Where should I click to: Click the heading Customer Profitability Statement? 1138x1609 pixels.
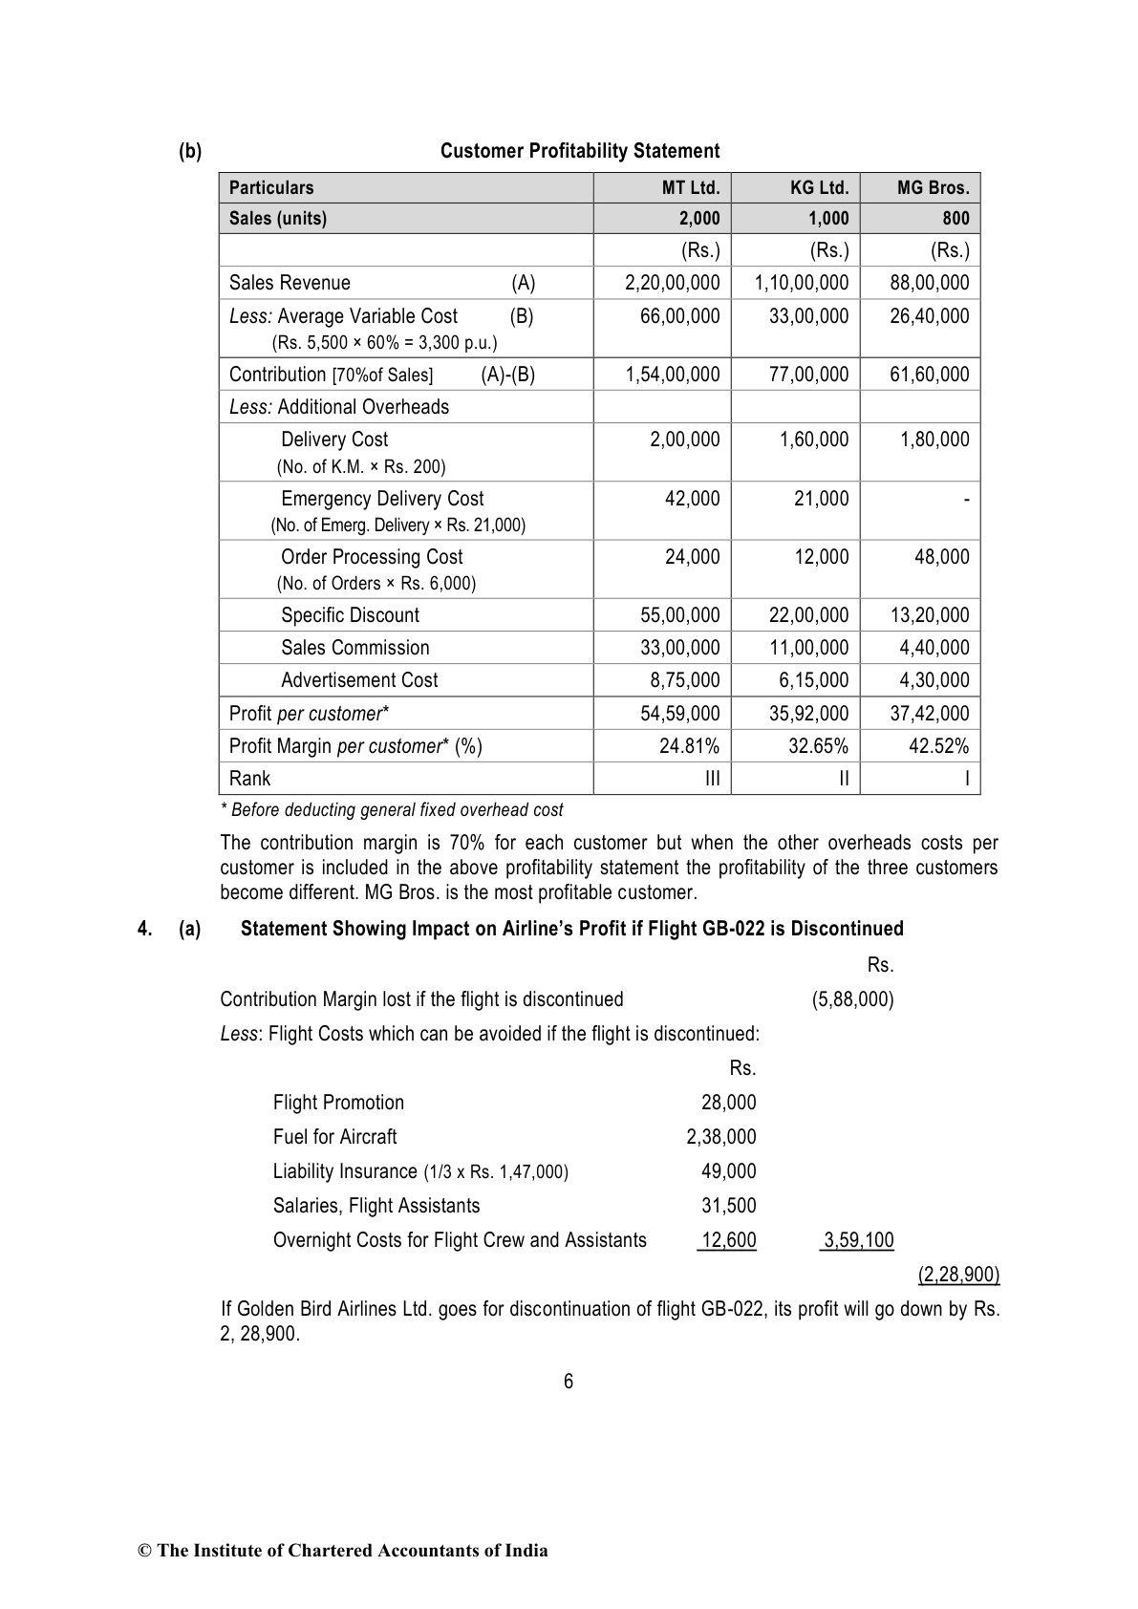tap(579, 151)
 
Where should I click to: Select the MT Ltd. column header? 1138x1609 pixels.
tap(691, 187)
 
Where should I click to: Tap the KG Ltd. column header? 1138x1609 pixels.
tap(819, 187)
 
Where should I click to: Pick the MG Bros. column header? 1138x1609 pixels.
tap(933, 187)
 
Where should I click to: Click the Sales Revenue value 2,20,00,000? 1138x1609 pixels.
tap(672, 283)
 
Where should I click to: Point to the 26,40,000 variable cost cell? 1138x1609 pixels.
tap(929, 316)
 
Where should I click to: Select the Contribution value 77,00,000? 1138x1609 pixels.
tap(808, 375)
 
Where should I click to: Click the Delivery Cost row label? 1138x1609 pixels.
tap(334, 440)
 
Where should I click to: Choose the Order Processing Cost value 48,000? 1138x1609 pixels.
tap(941, 557)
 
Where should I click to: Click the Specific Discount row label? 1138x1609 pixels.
tap(350, 615)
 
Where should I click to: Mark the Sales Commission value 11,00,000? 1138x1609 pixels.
tap(808, 648)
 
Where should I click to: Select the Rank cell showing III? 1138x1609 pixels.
tap(712, 779)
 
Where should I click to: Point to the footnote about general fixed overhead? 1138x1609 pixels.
tap(392, 810)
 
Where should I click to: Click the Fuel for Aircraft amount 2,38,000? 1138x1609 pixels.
tap(720, 1137)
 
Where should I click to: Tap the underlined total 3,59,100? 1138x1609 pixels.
tap(858, 1240)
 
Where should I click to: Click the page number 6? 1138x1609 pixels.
tap(569, 1381)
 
